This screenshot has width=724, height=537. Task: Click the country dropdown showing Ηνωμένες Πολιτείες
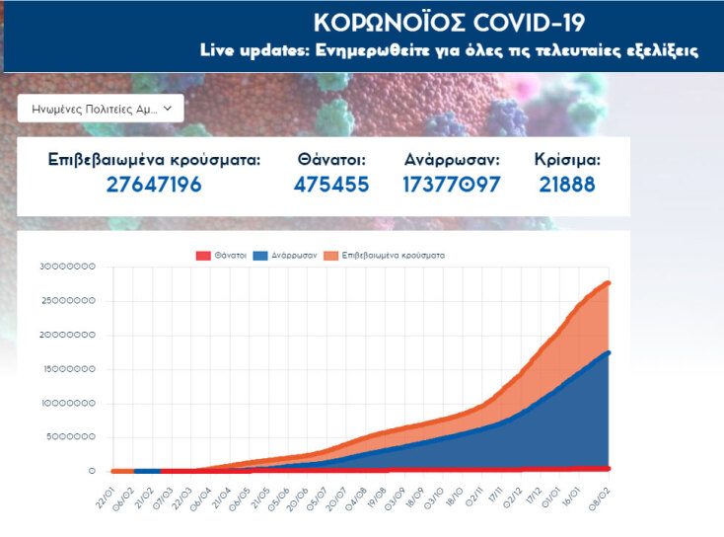101,108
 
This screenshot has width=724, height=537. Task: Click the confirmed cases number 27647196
154,185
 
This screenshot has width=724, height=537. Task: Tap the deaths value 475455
331,185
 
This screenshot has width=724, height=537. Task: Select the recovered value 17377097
452,185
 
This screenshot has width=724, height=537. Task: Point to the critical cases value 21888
566,185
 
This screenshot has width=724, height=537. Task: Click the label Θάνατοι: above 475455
331,159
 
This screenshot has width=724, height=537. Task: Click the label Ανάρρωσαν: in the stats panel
452,159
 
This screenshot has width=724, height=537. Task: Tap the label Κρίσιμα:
566,159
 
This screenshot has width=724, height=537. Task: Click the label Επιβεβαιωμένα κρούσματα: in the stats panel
154,159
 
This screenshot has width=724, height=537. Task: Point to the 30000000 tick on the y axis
68,267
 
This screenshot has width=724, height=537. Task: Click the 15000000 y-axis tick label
68,369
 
